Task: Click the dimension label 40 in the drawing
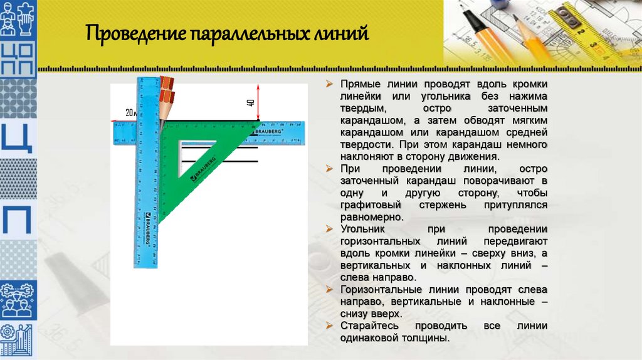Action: pyautogui.click(x=250, y=103)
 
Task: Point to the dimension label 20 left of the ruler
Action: pyautogui.click(x=130, y=113)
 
